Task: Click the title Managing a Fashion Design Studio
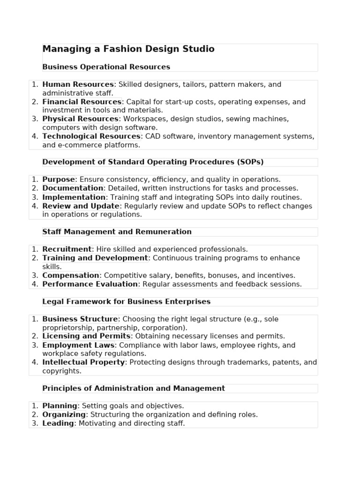click(x=128, y=49)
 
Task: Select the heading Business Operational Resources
click(x=106, y=67)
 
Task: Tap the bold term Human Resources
click(x=78, y=85)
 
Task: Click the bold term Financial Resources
click(x=82, y=102)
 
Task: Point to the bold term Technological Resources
click(x=91, y=136)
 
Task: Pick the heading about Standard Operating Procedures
click(x=153, y=162)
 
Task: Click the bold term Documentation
click(x=73, y=188)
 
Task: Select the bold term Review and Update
click(x=81, y=206)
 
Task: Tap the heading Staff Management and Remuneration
click(x=117, y=232)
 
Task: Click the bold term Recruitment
click(x=67, y=249)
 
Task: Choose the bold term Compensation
click(x=70, y=276)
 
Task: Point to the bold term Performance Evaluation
click(x=90, y=284)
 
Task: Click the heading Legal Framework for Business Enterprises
click(x=126, y=302)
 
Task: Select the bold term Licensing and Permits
click(x=86, y=336)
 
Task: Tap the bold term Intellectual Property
click(x=83, y=362)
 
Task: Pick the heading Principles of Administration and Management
click(x=134, y=389)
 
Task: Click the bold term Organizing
click(x=64, y=415)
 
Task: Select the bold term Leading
click(x=58, y=423)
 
